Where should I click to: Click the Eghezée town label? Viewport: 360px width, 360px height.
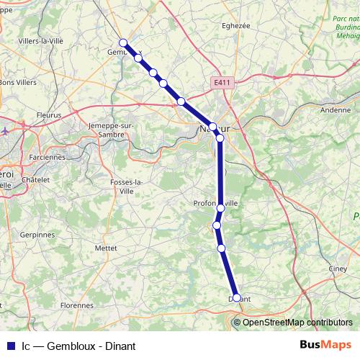[x=236, y=25]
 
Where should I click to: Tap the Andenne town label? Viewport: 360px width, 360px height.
[x=335, y=110]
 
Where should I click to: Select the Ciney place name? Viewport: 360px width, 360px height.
[x=338, y=269]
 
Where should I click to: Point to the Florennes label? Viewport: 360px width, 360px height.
[x=77, y=305]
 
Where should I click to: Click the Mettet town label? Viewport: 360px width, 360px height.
[x=106, y=248]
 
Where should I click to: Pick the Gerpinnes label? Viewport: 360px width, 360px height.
[x=37, y=235]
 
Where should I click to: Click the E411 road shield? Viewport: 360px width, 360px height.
[x=222, y=84]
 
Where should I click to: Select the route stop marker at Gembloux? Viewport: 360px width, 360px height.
[x=123, y=43]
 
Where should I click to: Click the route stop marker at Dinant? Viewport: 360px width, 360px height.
[x=236, y=297]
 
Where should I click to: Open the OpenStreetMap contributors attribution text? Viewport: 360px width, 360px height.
[x=297, y=322]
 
